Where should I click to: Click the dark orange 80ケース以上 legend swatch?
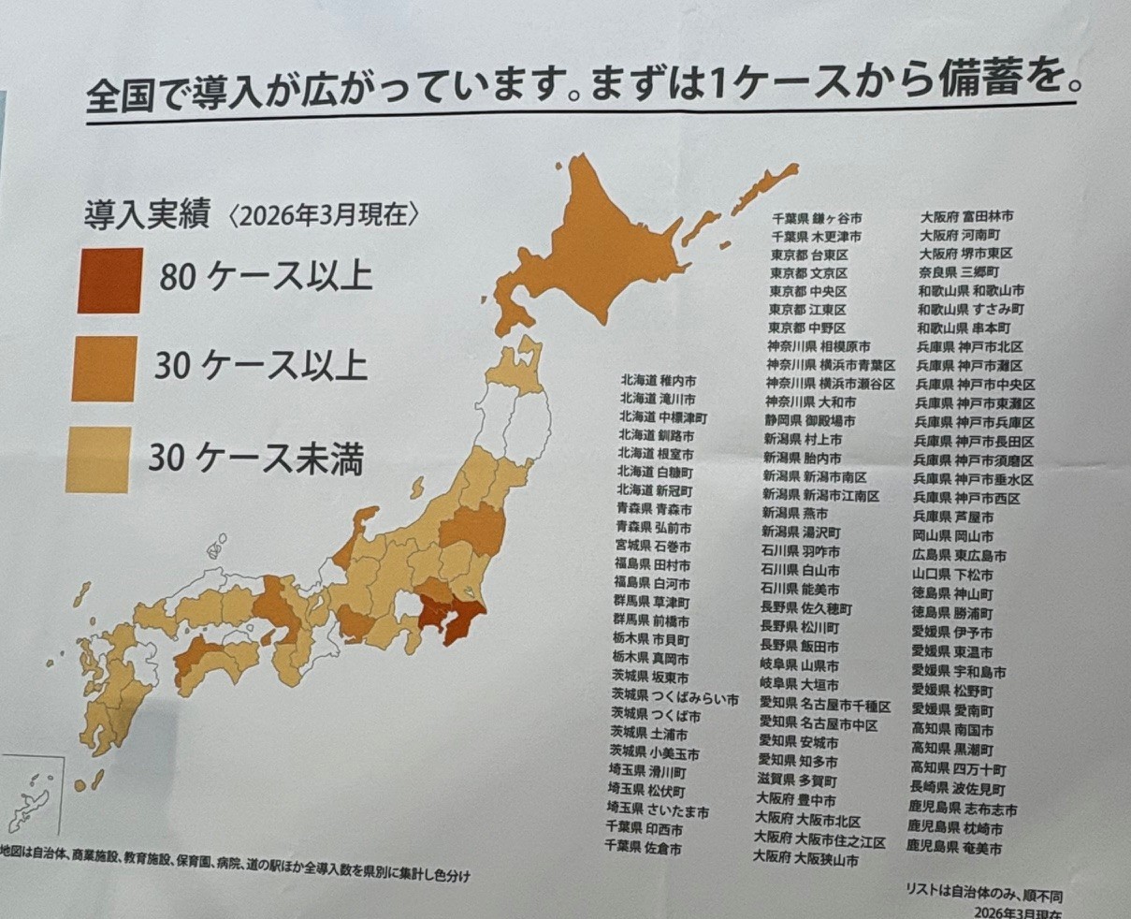click(x=110, y=280)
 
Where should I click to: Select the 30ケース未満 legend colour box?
click(x=97, y=459)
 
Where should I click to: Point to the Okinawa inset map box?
click(x=32, y=795)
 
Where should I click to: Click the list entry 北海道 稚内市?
click(x=657, y=381)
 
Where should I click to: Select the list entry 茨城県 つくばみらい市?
click(x=674, y=699)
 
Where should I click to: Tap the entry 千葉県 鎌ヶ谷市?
click(x=817, y=218)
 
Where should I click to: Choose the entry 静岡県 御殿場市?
click(x=809, y=421)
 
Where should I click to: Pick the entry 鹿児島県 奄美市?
click(x=953, y=848)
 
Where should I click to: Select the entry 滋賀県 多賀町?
click(x=797, y=780)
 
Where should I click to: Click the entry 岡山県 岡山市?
click(x=952, y=536)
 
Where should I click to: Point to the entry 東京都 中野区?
click(x=807, y=328)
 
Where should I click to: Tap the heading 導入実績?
click(x=150, y=214)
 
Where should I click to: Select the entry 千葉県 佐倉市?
click(x=644, y=849)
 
